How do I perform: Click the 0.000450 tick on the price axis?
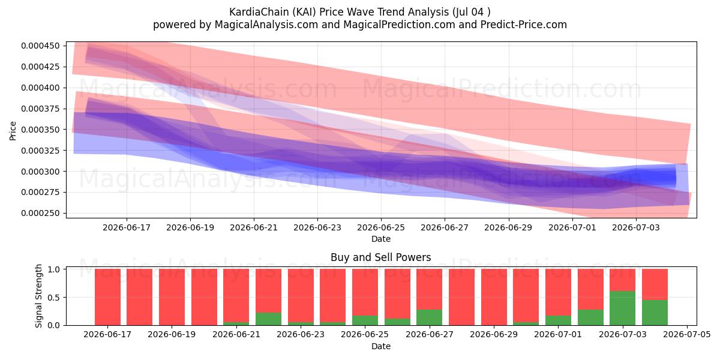coord(40,46)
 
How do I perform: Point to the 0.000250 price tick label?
coord(40,213)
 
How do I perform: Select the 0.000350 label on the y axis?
coord(40,130)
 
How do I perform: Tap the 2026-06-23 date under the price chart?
coord(317,227)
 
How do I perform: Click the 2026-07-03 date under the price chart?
coord(636,227)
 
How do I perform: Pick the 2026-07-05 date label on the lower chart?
coord(687,334)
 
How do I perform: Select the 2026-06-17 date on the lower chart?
coord(107,334)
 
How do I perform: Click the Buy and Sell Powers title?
coord(381,257)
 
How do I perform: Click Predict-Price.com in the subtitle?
coord(524,25)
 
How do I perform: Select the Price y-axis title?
coord(13,131)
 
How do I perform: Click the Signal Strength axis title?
coord(38,296)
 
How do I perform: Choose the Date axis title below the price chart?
coord(381,239)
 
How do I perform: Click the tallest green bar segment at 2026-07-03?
coord(623,308)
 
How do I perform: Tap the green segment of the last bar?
coord(655,313)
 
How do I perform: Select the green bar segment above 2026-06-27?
coord(430,317)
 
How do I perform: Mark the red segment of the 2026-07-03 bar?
coord(623,280)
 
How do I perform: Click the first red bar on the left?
coord(107,297)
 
